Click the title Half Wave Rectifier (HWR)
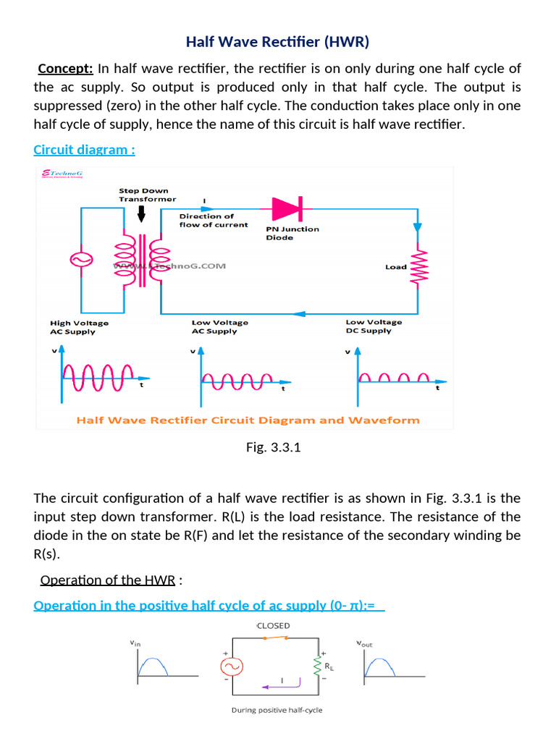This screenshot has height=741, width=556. coord(277,42)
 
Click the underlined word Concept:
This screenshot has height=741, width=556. coord(65,69)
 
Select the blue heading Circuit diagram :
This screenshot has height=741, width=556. coord(84,150)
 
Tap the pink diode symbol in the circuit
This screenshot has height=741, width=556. coord(285,208)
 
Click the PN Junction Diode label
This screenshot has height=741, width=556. coord(292,233)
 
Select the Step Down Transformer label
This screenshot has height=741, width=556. coord(147,195)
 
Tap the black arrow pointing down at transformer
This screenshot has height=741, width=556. coord(141,213)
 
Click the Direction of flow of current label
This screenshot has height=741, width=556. coord(214,220)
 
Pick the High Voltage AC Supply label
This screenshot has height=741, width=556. coord(79,327)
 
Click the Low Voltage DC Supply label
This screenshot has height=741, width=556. coord(374,326)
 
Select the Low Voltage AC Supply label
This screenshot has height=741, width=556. coord(219,327)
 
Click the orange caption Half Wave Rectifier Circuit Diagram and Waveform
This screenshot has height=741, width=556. coord(248,420)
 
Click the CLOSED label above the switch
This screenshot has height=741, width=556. coord(273,625)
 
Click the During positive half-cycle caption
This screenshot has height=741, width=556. coord(277,710)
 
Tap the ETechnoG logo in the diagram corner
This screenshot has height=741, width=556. coord(63,174)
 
